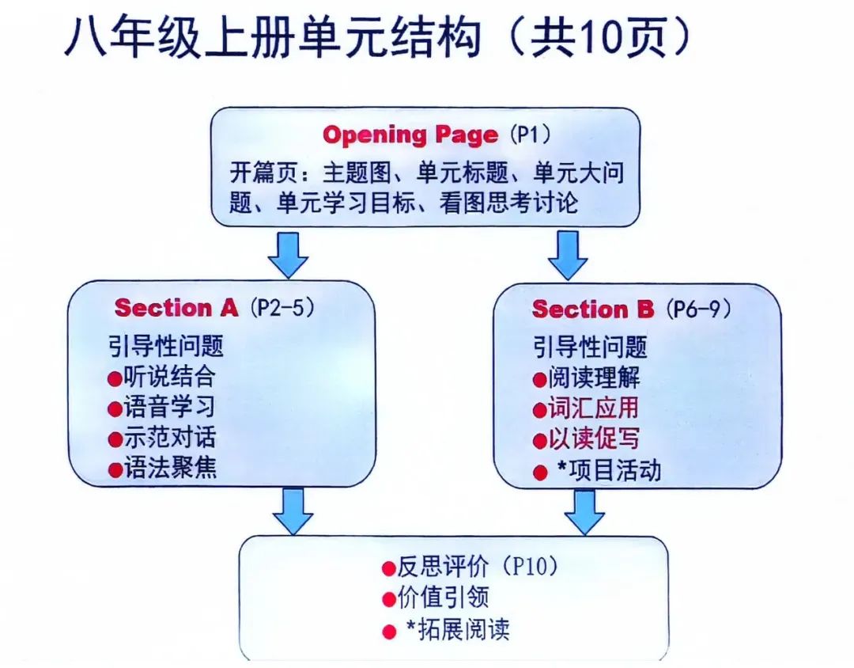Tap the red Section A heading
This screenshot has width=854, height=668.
tap(176, 308)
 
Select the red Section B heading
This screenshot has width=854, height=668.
tap(592, 309)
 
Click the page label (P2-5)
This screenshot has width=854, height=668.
tap(282, 308)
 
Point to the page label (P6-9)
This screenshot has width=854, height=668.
tap(697, 309)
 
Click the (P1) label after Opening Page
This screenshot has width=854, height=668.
tap(530, 135)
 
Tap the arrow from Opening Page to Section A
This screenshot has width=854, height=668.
tap(288, 255)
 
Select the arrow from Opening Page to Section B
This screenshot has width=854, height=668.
tap(568, 255)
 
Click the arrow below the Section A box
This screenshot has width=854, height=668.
tap(293, 511)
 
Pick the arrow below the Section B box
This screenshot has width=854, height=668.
tap(584, 512)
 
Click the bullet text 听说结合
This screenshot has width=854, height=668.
tap(169, 376)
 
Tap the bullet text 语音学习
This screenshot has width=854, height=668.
tap(169, 407)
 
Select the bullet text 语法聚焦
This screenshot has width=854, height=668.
tap(170, 468)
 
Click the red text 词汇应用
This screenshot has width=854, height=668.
tap(593, 408)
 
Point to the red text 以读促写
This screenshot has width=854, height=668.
tap(593, 438)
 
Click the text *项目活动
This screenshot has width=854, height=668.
tap(609, 470)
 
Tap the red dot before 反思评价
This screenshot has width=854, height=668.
tap(388, 569)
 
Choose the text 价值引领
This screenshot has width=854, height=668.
tap(443, 597)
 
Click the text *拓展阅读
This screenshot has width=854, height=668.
tap(458, 629)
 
